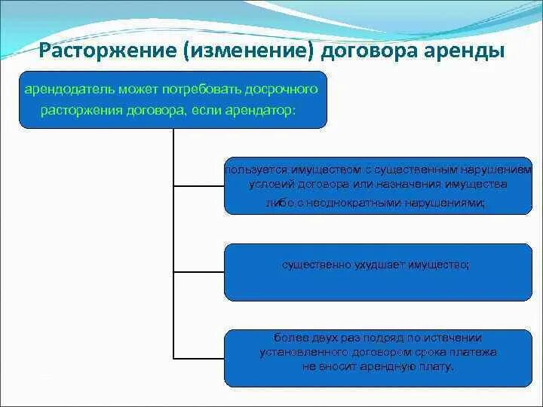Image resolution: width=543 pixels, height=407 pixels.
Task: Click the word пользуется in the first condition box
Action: (x=250, y=169)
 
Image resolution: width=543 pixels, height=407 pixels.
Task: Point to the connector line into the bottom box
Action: (x=199, y=357)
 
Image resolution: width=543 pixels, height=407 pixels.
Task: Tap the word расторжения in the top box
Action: (x=77, y=110)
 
